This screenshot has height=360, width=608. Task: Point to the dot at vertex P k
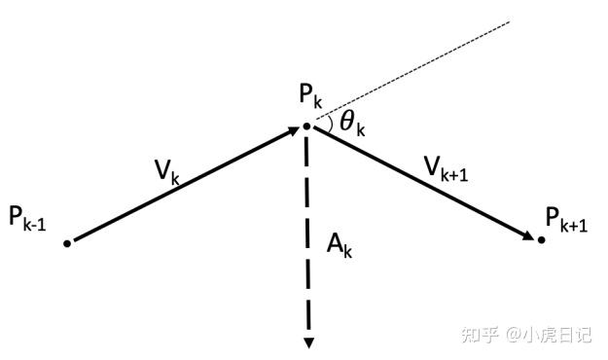pos(306,126)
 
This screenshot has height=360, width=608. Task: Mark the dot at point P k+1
pos(542,239)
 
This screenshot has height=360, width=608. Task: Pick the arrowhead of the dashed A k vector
pos(307,342)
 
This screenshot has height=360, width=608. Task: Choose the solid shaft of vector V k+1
pos(418,181)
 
